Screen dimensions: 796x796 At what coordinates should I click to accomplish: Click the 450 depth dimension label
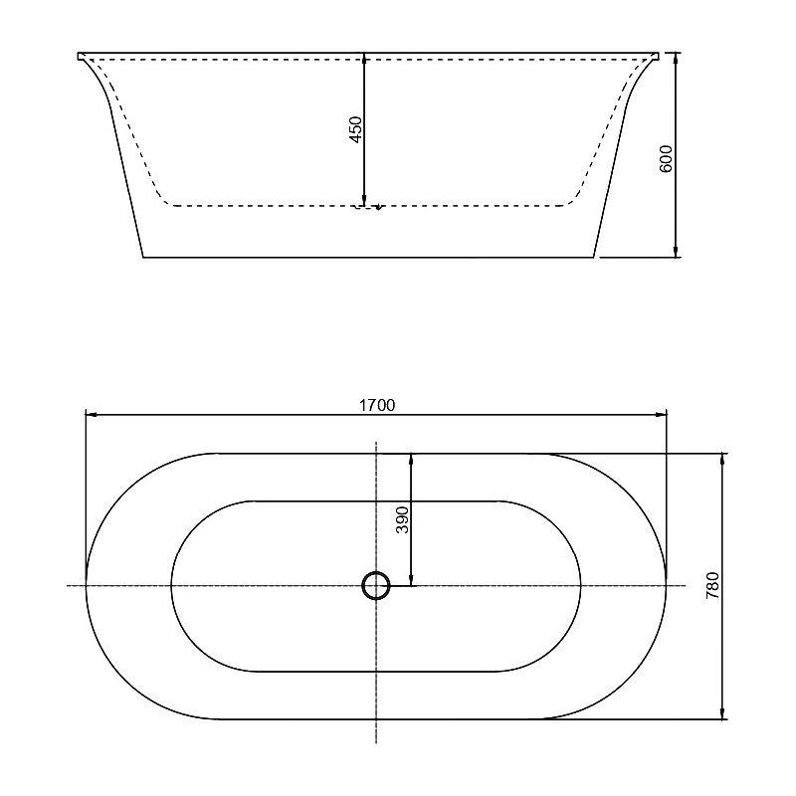(356, 129)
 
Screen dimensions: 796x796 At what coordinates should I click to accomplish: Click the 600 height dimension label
(666, 159)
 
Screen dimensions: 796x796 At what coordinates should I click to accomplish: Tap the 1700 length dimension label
(377, 405)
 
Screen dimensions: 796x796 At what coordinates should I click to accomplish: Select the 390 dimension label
(402, 519)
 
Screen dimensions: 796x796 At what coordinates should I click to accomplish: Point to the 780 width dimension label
(712, 585)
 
